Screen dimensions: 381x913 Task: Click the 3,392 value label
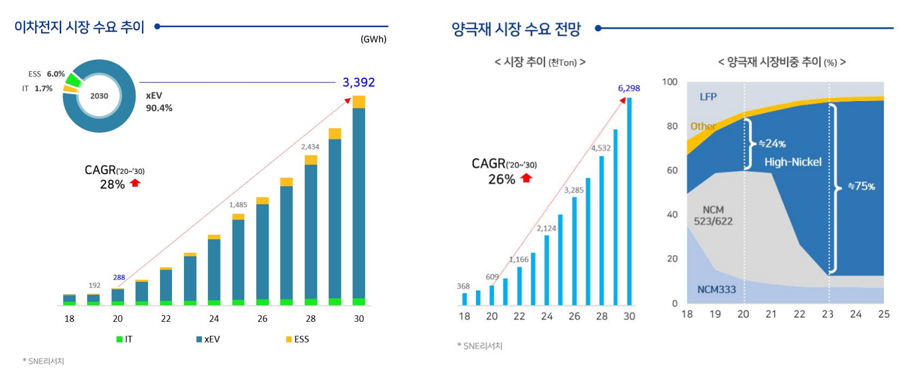tap(359, 82)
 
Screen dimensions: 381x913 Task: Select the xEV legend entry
tap(208, 339)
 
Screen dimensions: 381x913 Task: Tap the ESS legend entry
tap(297, 339)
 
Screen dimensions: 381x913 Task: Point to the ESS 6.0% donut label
tap(46, 74)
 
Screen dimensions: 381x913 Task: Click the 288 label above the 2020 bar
tap(119, 277)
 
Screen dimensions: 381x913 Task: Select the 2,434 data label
tap(311, 146)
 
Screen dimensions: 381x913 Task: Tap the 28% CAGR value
tap(112, 185)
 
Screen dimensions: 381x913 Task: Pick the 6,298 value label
tap(629, 88)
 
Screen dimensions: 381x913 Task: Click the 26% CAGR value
tap(502, 179)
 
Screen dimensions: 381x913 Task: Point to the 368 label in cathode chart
tap(463, 286)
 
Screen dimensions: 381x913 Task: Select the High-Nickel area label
tap(793, 162)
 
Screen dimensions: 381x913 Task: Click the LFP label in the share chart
tap(708, 97)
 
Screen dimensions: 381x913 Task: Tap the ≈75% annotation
tap(861, 187)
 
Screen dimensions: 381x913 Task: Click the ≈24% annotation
tap(772, 143)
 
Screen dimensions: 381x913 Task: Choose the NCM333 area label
tap(716, 289)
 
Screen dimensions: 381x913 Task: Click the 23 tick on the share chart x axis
tap(827, 314)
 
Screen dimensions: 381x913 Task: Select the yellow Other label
tap(703, 126)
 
